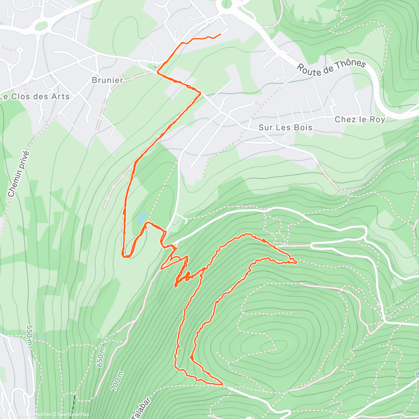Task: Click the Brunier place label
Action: (x=107, y=80)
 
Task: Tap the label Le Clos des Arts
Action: (x=35, y=97)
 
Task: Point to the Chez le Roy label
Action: (x=360, y=119)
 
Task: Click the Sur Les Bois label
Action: (x=285, y=127)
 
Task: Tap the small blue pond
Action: (x=141, y=218)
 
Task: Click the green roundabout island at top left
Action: (x=41, y=25)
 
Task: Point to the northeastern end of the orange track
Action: (x=221, y=34)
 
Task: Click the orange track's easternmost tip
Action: (x=296, y=262)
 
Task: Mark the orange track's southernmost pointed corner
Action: (x=222, y=384)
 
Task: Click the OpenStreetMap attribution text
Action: (x=73, y=414)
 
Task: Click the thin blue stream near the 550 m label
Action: (x=38, y=339)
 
